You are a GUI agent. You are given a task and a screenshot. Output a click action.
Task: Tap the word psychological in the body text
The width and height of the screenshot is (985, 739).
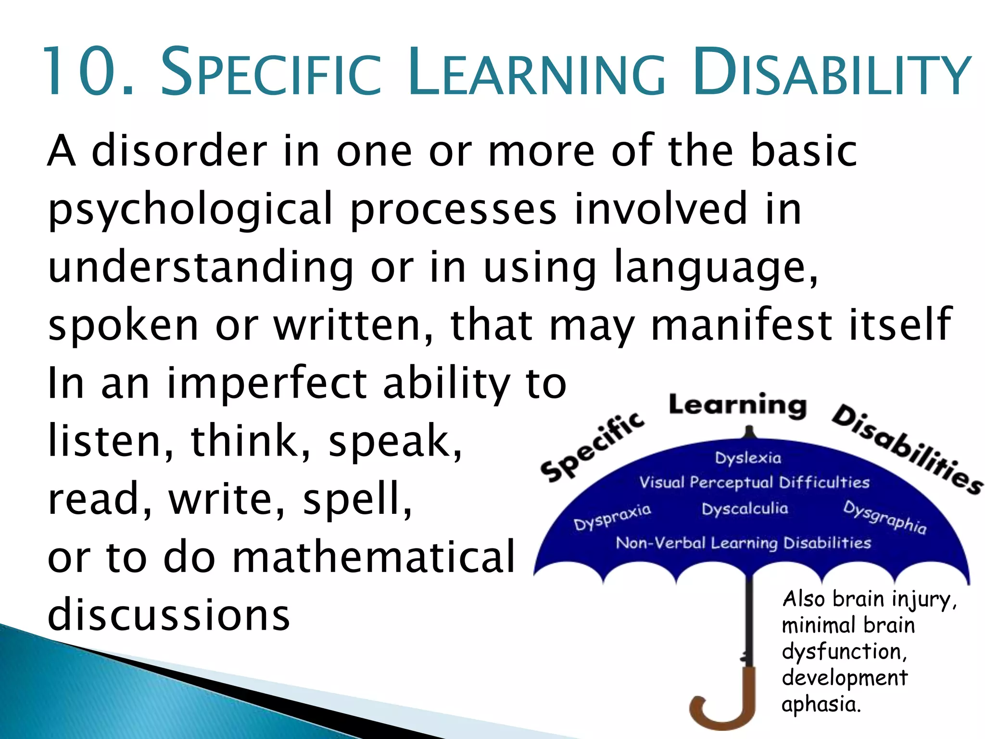click(x=190, y=209)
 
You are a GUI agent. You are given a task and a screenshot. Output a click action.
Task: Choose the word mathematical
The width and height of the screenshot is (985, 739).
click(x=373, y=557)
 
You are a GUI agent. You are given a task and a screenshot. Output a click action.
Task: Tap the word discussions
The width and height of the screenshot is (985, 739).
click(x=169, y=614)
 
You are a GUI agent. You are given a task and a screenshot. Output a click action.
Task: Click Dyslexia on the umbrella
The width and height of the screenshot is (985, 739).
click(x=748, y=458)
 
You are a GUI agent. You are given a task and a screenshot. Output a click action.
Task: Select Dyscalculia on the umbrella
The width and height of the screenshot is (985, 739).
click(x=745, y=509)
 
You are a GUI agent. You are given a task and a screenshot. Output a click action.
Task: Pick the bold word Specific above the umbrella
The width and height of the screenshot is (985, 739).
click(x=592, y=447)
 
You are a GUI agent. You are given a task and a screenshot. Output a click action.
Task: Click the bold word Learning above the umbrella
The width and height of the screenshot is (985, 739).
click(x=737, y=405)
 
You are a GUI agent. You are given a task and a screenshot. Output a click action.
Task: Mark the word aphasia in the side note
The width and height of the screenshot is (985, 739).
click(x=821, y=704)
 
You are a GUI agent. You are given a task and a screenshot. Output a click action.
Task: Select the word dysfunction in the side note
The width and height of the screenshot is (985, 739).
click(x=844, y=651)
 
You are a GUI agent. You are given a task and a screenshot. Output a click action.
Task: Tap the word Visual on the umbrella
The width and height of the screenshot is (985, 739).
click(x=661, y=482)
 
